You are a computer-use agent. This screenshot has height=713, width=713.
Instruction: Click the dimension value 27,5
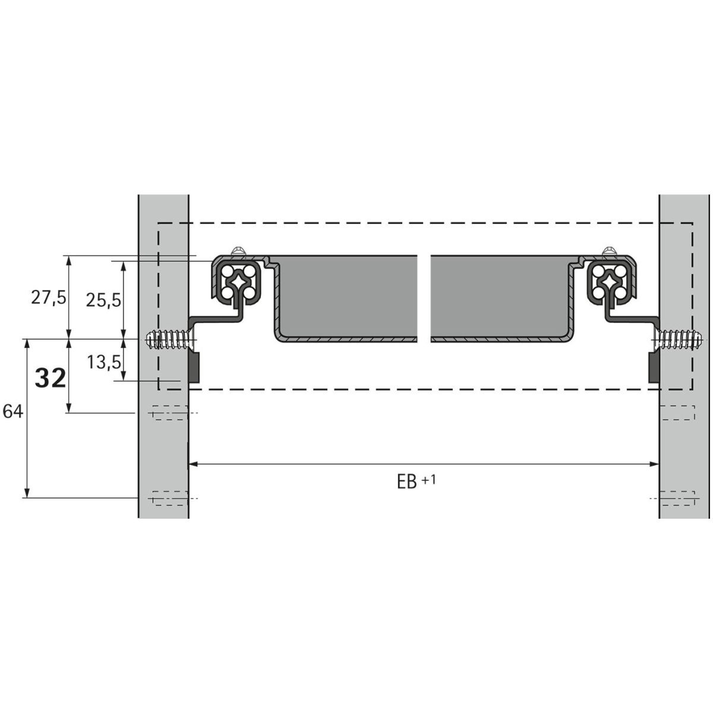(49, 298)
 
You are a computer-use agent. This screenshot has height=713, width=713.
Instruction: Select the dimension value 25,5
(103, 301)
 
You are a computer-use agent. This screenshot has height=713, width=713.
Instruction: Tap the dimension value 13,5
(104, 362)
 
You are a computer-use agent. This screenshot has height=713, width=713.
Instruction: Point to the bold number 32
(51, 378)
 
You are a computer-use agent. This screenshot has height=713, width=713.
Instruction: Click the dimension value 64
(13, 411)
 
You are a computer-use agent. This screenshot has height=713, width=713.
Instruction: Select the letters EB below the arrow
(407, 482)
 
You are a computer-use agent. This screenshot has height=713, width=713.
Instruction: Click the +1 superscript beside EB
(429, 479)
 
